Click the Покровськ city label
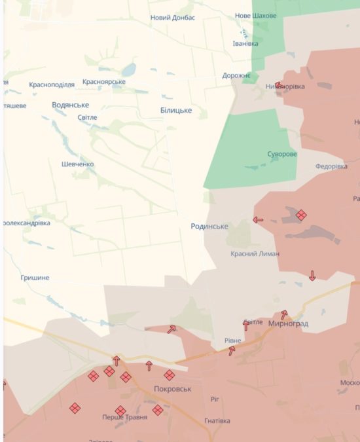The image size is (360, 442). (172, 389)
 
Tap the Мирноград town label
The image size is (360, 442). (288, 324)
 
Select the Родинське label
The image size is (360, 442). (209, 227)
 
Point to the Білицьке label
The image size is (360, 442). (176, 111)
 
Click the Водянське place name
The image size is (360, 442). (71, 105)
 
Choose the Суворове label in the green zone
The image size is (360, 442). (281, 155)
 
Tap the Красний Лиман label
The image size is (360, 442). (255, 254)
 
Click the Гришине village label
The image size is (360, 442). (35, 278)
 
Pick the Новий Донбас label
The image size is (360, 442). (173, 18)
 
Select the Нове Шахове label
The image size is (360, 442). (255, 16)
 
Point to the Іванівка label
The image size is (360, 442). (245, 44)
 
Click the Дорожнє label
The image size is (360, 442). (236, 76)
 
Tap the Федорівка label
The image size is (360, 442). (331, 166)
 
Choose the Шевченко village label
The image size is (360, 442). (77, 164)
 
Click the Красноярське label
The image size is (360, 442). (104, 83)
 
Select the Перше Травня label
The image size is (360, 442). (124, 417)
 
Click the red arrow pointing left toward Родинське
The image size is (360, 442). (258, 220)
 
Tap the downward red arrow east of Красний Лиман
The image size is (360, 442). (312, 276)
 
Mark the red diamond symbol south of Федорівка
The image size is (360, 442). (301, 215)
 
